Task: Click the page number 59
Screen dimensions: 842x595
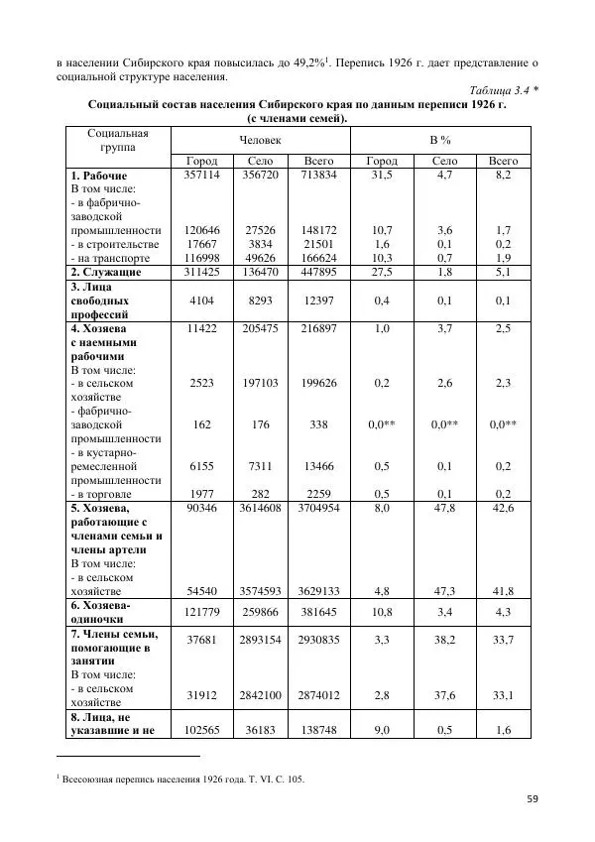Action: coord(533,799)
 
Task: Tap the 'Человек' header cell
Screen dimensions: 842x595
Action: coord(260,141)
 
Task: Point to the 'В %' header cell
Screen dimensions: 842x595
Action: coord(439,141)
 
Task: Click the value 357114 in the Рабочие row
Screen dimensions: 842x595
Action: coord(202,174)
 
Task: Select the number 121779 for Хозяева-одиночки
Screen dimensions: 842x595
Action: coord(202,612)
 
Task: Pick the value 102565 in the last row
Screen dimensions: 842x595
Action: coord(202,730)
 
